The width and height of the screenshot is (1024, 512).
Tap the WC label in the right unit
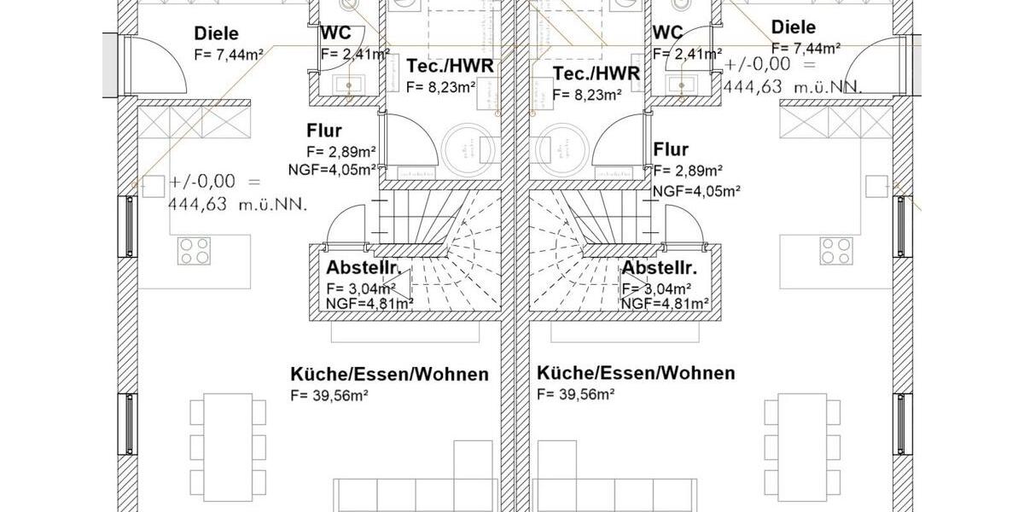[x=667, y=32]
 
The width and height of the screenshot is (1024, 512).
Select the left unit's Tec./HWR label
[x=450, y=67]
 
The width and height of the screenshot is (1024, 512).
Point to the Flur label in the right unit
[x=671, y=150]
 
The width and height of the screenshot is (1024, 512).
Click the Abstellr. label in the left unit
[x=364, y=267]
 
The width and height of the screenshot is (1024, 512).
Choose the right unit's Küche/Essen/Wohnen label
[x=636, y=373]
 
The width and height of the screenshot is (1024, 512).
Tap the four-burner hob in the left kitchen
[x=194, y=250]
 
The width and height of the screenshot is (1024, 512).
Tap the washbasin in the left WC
[x=346, y=84]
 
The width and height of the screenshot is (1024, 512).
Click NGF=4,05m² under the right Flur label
[x=696, y=190]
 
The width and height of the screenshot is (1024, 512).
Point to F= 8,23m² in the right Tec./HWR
[x=587, y=95]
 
